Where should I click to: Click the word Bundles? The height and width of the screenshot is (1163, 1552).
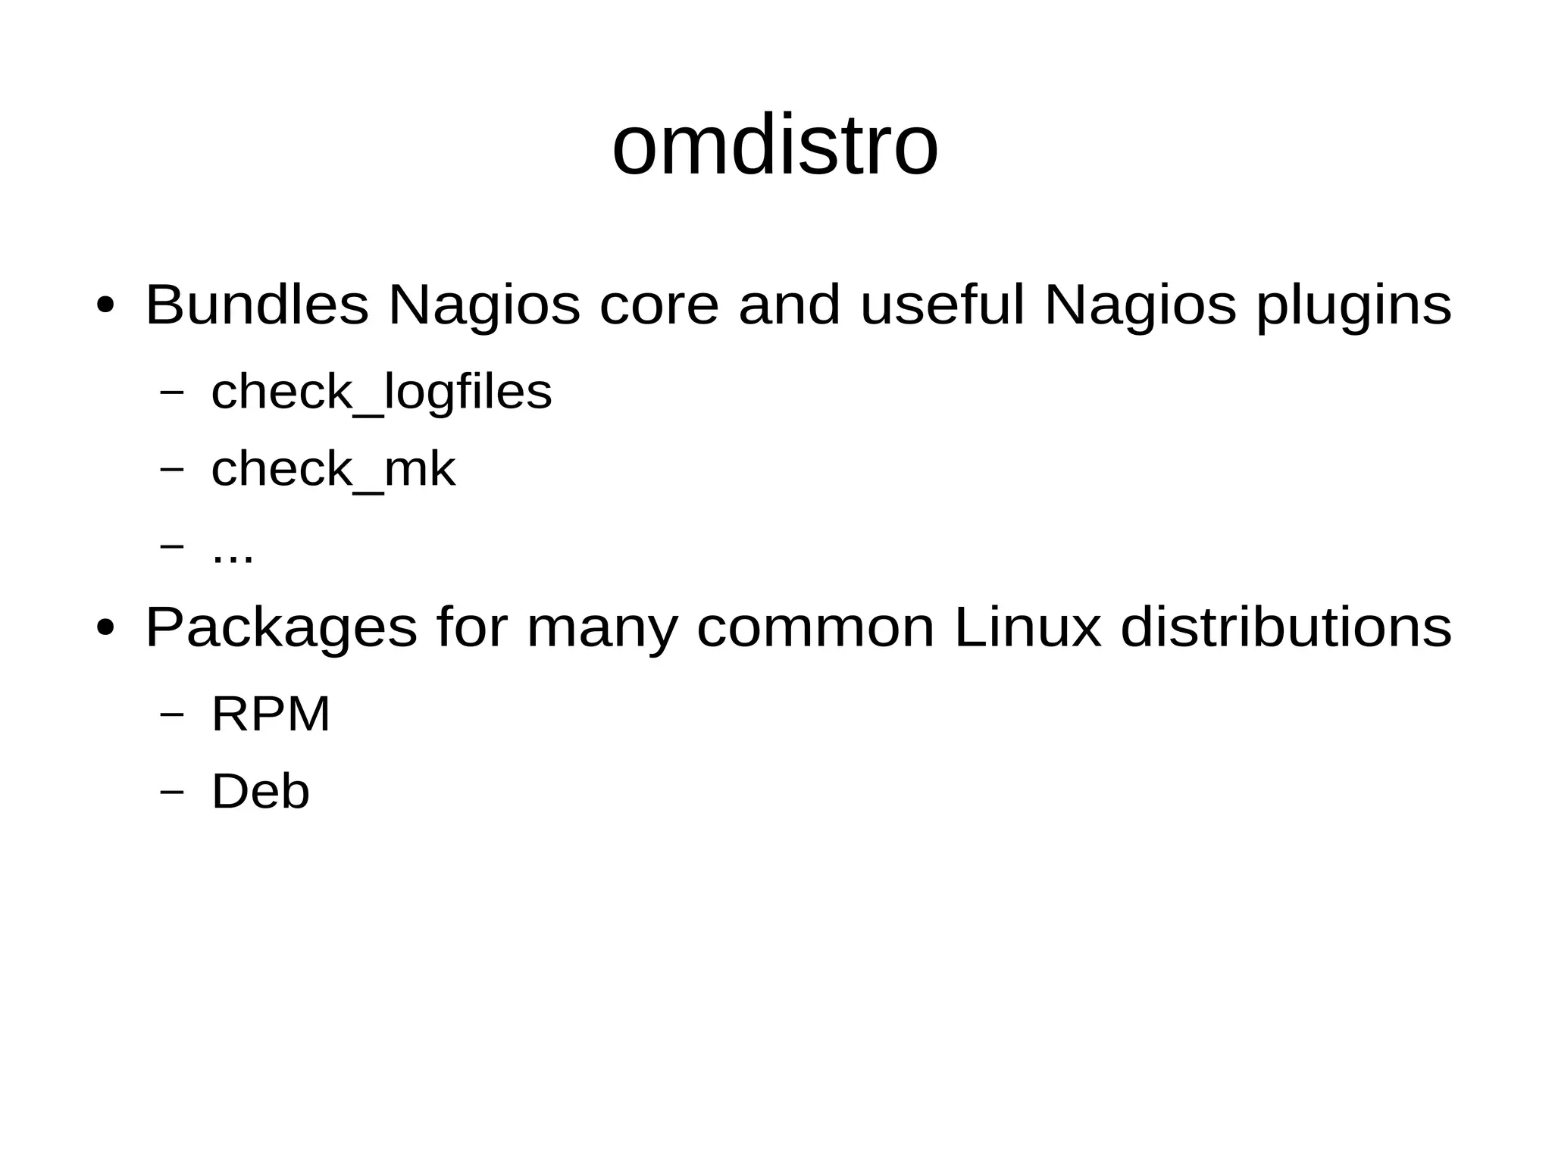point(257,305)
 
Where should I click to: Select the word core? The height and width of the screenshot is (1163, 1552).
point(659,305)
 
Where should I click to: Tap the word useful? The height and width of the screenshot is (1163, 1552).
point(942,305)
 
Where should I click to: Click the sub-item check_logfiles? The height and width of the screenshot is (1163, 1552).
point(381,392)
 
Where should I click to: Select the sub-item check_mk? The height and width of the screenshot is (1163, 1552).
point(333,470)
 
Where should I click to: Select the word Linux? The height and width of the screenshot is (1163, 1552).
point(1028,627)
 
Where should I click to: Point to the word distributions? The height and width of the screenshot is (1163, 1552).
point(1286,627)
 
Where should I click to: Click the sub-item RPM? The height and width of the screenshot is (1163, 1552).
point(271,714)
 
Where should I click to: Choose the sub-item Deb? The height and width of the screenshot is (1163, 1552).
point(260,792)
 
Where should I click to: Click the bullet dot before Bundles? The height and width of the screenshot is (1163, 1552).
point(105,306)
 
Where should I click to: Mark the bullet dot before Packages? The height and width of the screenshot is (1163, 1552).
point(105,629)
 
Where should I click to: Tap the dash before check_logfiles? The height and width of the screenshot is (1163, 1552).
point(173,392)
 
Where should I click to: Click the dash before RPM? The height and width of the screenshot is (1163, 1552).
point(173,714)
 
